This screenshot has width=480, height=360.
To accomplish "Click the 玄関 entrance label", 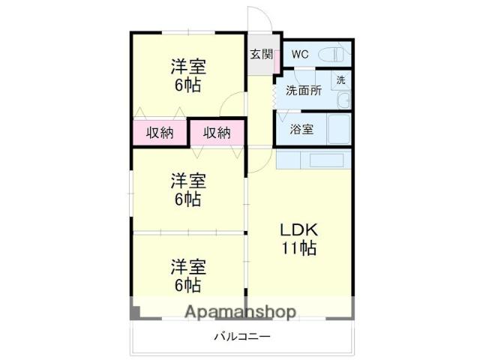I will pyautogui.click(x=261, y=54).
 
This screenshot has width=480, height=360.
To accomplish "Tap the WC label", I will pyautogui.click(x=300, y=54).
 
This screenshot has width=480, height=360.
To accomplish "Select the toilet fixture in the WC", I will pyautogui.click(x=334, y=54).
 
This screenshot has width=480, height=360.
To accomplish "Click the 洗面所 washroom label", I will pyautogui.click(x=303, y=91).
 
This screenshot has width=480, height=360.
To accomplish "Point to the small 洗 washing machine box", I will pyautogui.click(x=340, y=79).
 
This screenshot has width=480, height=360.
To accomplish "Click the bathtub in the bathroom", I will pyautogui.click(x=338, y=129).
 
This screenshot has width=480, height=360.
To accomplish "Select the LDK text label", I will pyautogui.click(x=298, y=229).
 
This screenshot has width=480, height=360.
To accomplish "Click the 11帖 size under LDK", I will pyautogui.click(x=298, y=247).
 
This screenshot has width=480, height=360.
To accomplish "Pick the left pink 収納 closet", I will pyautogui.click(x=160, y=133).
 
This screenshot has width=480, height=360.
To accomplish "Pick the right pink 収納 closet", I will pyautogui.click(x=217, y=133).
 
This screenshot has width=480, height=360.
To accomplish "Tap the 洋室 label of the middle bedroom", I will pyautogui.click(x=187, y=181).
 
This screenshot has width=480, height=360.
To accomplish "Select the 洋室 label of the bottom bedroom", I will pyautogui.click(x=187, y=266).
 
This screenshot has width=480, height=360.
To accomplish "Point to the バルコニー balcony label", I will pyautogui.click(x=241, y=337).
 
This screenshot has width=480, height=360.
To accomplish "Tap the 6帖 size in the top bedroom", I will pyautogui.click(x=187, y=85).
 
